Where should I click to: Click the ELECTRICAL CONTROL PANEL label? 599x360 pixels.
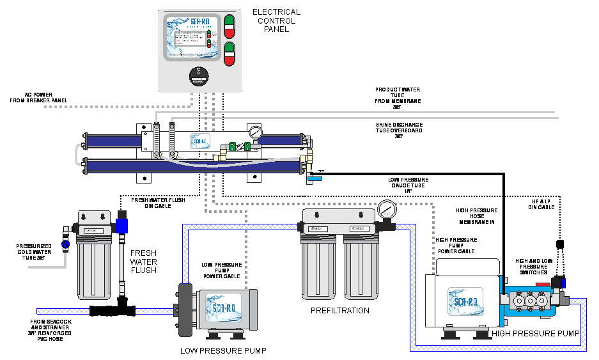[x=276, y=20]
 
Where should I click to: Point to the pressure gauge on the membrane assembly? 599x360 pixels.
[x=256, y=134]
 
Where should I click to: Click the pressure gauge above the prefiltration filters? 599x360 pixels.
[x=385, y=210]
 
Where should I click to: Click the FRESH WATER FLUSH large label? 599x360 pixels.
[x=144, y=261]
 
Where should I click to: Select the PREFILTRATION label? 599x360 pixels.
[x=339, y=311]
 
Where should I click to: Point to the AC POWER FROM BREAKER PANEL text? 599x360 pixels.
[x=40, y=97]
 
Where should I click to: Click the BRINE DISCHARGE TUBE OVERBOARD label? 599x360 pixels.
[x=399, y=130]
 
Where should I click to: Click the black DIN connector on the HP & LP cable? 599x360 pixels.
[x=559, y=244]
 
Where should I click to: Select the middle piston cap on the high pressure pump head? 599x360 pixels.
[x=528, y=299]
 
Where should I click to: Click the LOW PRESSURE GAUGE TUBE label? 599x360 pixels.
[x=408, y=185]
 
